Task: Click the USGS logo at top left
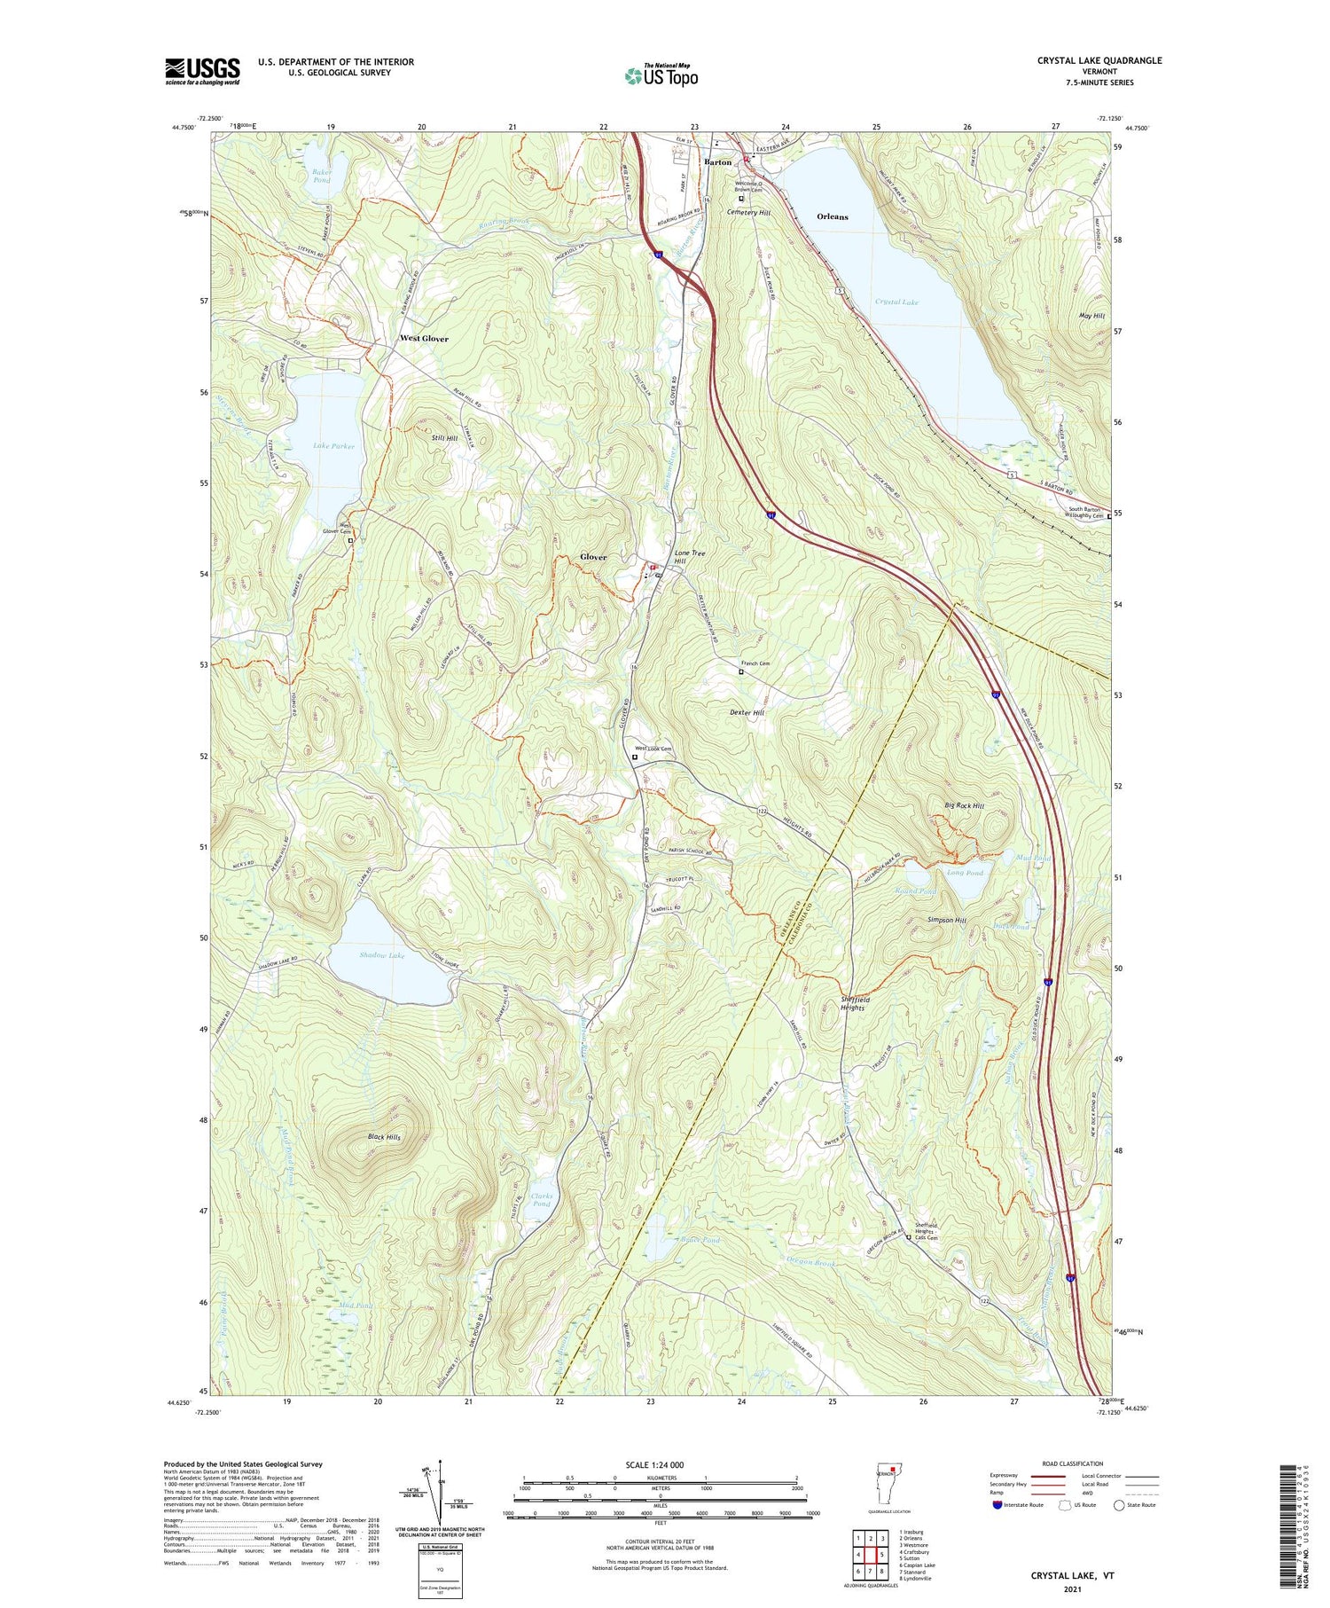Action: pyautogui.click(x=202, y=71)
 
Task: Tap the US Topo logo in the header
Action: pyautogui.click(x=661, y=75)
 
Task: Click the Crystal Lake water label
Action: pyautogui.click(x=896, y=302)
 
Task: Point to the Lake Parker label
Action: pyautogui.click(x=332, y=446)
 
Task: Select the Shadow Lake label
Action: pyautogui.click(x=381, y=955)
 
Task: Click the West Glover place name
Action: pyautogui.click(x=424, y=339)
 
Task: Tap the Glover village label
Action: pyautogui.click(x=593, y=557)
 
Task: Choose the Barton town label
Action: pyautogui.click(x=717, y=162)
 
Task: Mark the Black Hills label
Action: pyautogui.click(x=384, y=1137)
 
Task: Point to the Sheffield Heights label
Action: pyautogui.click(x=855, y=1003)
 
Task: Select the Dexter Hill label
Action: pyautogui.click(x=747, y=712)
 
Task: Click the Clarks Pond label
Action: pyautogui.click(x=541, y=1199)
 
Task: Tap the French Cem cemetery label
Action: pyautogui.click(x=755, y=663)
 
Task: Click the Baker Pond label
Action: pyautogui.click(x=321, y=176)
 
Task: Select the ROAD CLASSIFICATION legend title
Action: pyautogui.click(x=1073, y=1463)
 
